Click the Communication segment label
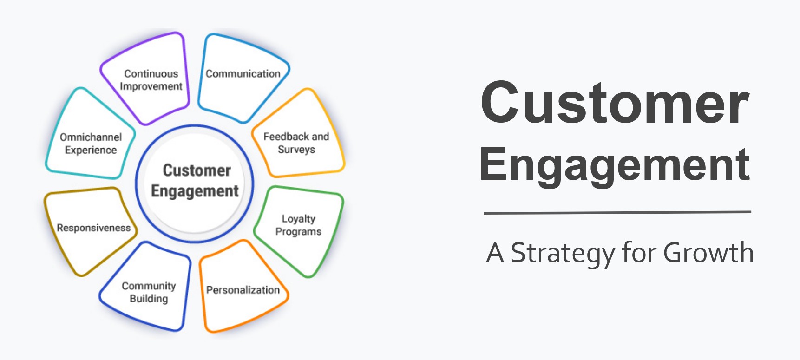(x=243, y=74)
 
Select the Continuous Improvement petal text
(x=151, y=80)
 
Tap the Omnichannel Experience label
(x=91, y=144)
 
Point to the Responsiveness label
(x=94, y=228)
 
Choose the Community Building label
(x=149, y=292)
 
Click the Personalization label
(x=243, y=290)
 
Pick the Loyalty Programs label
(x=298, y=225)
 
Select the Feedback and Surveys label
(x=296, y=143)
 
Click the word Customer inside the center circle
(x=197, y=170)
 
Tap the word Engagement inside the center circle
(x=195, y=191)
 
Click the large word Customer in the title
(x=615, y=103)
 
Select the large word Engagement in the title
(x=614, y=164)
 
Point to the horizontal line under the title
(x=617, y=213)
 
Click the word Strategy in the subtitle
(x=562, y=253)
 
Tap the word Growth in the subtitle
(x=708, y=253)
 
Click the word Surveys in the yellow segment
(x=296, y=150)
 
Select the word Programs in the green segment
(x=298, y=231)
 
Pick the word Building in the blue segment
(x=149, y=299)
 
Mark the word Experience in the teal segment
(x=91, y=150)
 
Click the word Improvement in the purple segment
(x=151, y=86)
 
